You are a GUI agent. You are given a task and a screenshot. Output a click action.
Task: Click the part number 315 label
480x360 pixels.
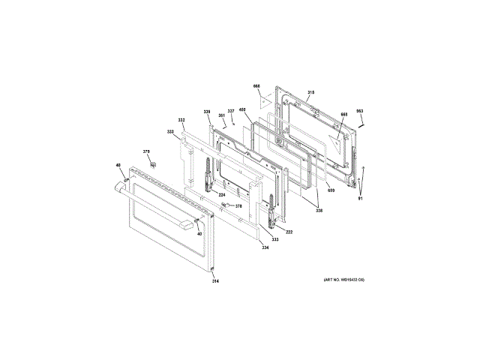pyautogui.click(x=310, y=93)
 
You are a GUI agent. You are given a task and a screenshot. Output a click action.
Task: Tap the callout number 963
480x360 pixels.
pyautogui.click(x=359, y=111)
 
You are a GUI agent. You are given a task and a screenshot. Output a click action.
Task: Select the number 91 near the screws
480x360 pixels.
pyautogui.click(x=360, y=197)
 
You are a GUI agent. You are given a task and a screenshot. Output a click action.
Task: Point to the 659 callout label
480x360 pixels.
pyautogui.click(x=331, y=190)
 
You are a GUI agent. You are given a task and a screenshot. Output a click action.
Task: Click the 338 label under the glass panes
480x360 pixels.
pyautogui.click(x=319, y=211)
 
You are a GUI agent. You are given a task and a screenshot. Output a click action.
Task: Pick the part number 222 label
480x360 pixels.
pyautogui.click(x=289, y=232)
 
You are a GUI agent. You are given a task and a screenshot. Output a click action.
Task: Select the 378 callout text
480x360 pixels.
pyautogui.click(x=238, y=206)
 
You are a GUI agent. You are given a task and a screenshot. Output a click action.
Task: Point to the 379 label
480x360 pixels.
pyautogui.click(x=146, y=151)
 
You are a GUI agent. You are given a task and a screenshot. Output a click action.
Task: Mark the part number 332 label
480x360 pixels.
pyautogui.click(x=181, y=120)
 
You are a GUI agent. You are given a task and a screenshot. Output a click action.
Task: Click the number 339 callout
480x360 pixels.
pyautogui.click(x=206, y=112)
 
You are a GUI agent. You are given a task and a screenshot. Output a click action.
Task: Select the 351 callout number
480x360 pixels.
pyautogui.click(x=222, y=115)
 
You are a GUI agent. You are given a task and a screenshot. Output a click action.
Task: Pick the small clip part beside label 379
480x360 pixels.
pyautogui.click(x=153, y=162)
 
